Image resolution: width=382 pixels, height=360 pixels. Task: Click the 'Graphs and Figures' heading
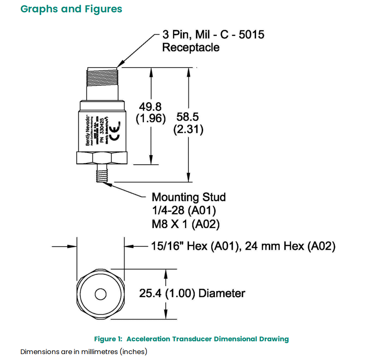pyautogui.click(x=71, y=9)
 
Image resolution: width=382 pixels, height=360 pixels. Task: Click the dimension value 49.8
pyautogui.click(x=151, y=106)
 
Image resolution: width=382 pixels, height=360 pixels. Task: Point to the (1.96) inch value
pyautogui.click(x=151, y=118)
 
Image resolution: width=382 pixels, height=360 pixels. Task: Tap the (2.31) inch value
pyautogui.click(x=188, y=129)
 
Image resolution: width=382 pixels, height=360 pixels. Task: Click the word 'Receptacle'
pyautogui.click(x=191, y=47)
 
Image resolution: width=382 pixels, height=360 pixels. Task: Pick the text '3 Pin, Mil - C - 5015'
pyautogui.click(x=213, y=34)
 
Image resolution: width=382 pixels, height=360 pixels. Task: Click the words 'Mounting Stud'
pyautogui.click(x=188, y=197)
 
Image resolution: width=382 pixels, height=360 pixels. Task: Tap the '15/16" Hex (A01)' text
pyautogui.click(x=196, y=246)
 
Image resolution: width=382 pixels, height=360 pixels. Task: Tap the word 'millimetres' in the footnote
pyautogui.click(x=85, y=352)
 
